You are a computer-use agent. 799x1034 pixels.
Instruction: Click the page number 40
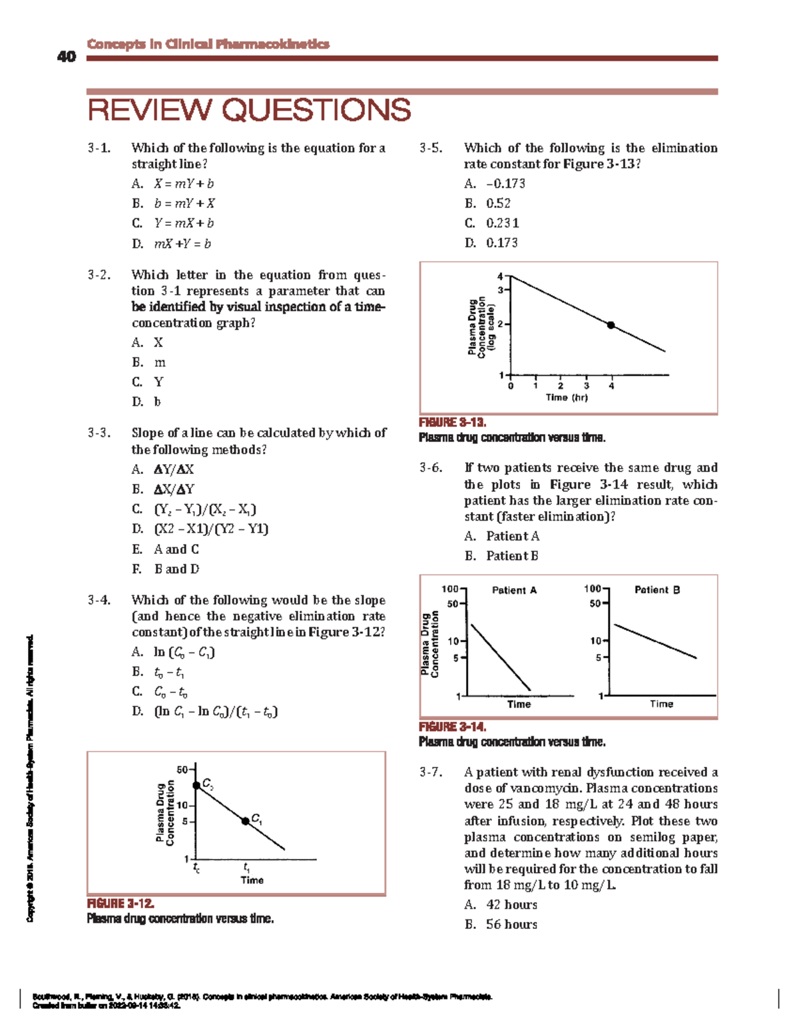[x=67, y=57]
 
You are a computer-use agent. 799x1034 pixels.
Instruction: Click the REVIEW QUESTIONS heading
[x=249, y=111]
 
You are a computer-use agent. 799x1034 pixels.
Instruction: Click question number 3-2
[x=99, y=275]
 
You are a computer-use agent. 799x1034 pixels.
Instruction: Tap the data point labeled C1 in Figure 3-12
[x=245, y=821]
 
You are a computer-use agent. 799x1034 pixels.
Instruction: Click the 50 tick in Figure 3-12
[x=182, y=770]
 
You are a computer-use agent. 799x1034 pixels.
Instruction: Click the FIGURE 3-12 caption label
[x=121, y=904]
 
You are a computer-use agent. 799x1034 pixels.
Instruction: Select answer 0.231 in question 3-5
[x=502, y=224]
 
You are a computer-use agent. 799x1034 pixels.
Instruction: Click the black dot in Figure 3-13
[x=611, y=325]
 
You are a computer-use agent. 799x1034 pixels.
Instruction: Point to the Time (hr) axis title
[x=567, y=397]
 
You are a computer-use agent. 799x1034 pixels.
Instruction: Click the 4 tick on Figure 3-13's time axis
[x=611, y=386]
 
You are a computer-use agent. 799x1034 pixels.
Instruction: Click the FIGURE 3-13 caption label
[x=453, y=422]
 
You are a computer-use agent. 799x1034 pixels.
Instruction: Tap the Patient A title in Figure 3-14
[x=514, y=590]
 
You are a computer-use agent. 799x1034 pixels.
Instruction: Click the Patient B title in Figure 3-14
[x=657, y=590]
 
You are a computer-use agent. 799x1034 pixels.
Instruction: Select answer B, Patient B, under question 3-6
[x=511, y=556]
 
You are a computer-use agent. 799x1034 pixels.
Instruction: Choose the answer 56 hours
[x=511, y=924]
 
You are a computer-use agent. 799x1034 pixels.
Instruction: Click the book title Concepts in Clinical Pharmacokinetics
[x=208, y=44]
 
